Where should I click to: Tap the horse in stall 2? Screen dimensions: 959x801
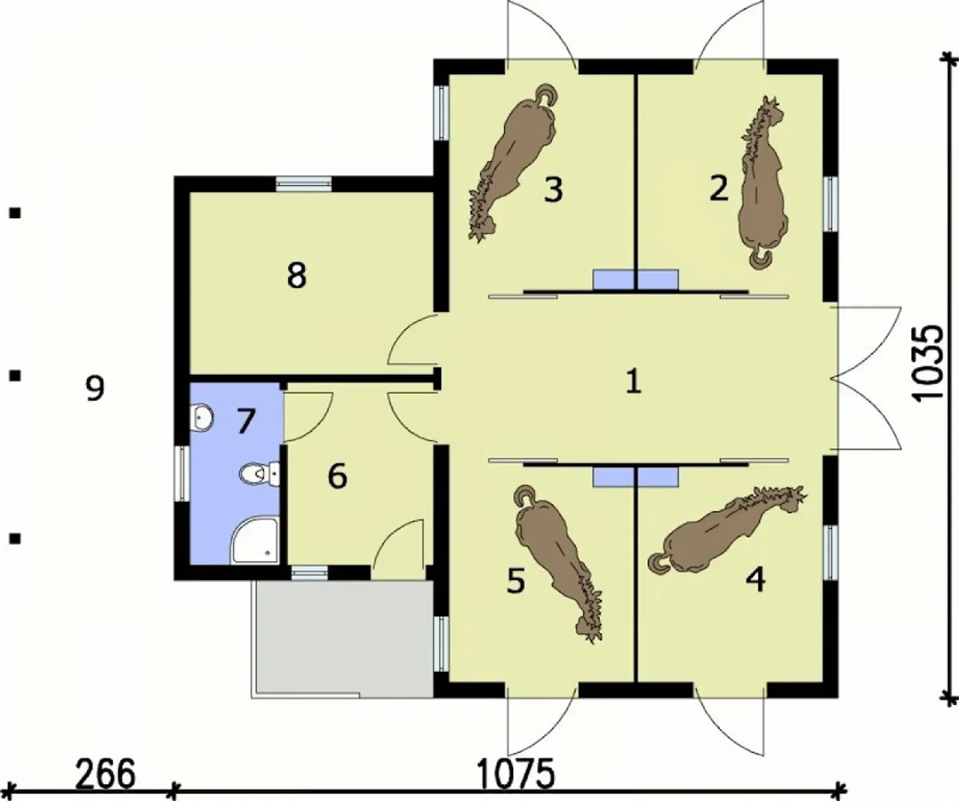763,184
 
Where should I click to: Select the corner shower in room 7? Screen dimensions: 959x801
255,540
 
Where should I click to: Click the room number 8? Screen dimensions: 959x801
296,276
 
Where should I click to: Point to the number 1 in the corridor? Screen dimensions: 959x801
634,382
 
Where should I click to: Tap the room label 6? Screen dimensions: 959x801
337,477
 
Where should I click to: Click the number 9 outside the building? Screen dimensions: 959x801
95,388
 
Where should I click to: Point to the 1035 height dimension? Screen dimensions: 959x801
929,364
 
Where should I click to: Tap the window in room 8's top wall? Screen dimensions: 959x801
303,184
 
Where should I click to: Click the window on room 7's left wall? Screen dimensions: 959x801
182,474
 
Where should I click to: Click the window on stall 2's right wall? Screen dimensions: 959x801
831,205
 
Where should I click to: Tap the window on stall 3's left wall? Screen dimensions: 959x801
441,112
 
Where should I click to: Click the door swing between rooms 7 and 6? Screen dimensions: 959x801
308,417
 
